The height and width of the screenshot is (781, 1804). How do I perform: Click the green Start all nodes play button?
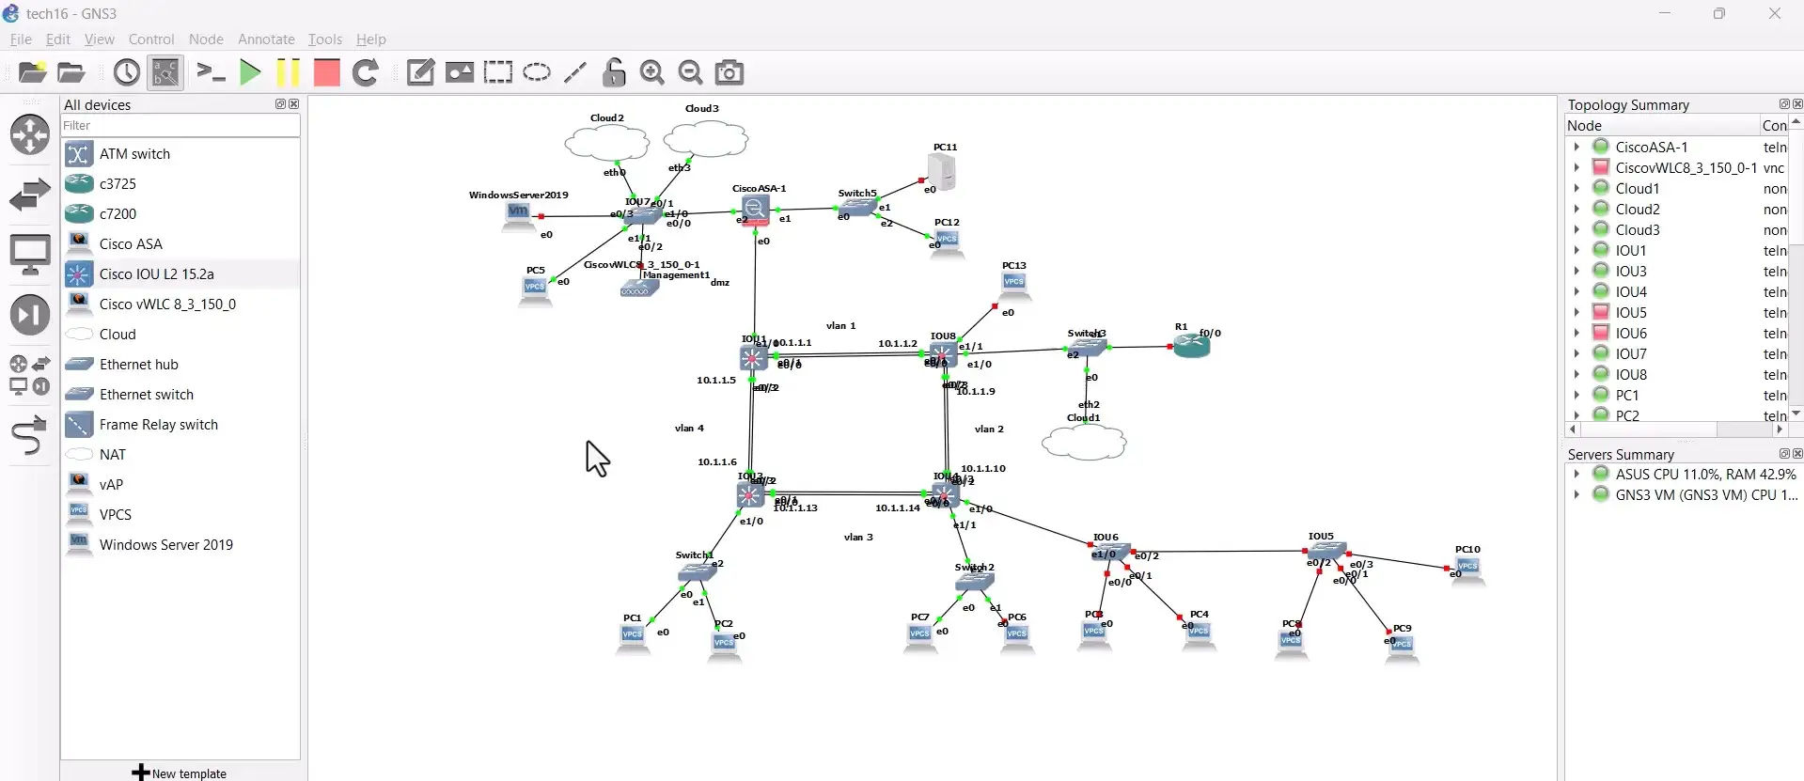250,72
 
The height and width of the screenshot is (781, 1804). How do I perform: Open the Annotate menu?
266,39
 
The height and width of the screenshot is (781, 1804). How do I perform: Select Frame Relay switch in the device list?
158,425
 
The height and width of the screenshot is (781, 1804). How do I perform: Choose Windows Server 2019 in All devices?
165,545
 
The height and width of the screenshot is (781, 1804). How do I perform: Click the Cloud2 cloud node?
606,143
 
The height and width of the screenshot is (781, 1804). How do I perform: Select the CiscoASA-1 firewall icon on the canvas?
754,210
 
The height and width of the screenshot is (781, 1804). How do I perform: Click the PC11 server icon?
941,171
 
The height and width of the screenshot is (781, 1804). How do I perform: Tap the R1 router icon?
1191,346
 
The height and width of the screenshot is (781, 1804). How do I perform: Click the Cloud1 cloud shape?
1084,442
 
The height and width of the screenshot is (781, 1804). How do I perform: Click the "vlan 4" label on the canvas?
689,429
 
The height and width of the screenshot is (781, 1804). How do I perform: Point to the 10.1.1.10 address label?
983,468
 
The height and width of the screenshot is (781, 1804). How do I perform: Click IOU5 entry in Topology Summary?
1631,313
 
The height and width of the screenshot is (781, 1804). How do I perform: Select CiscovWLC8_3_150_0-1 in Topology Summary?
1686,168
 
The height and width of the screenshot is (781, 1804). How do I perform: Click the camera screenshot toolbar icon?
729,72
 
